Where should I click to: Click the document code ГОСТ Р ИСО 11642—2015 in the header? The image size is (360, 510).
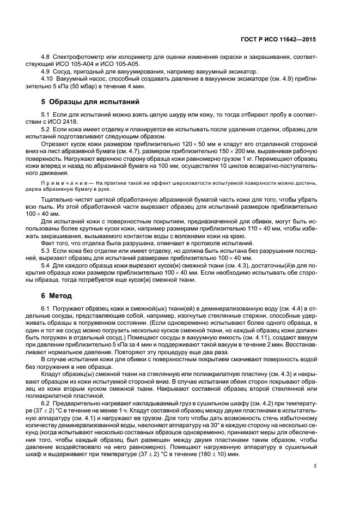280,40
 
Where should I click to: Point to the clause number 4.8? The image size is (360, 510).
46,56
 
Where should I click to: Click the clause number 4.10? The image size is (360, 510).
48,80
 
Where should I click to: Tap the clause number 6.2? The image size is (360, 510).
46,401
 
